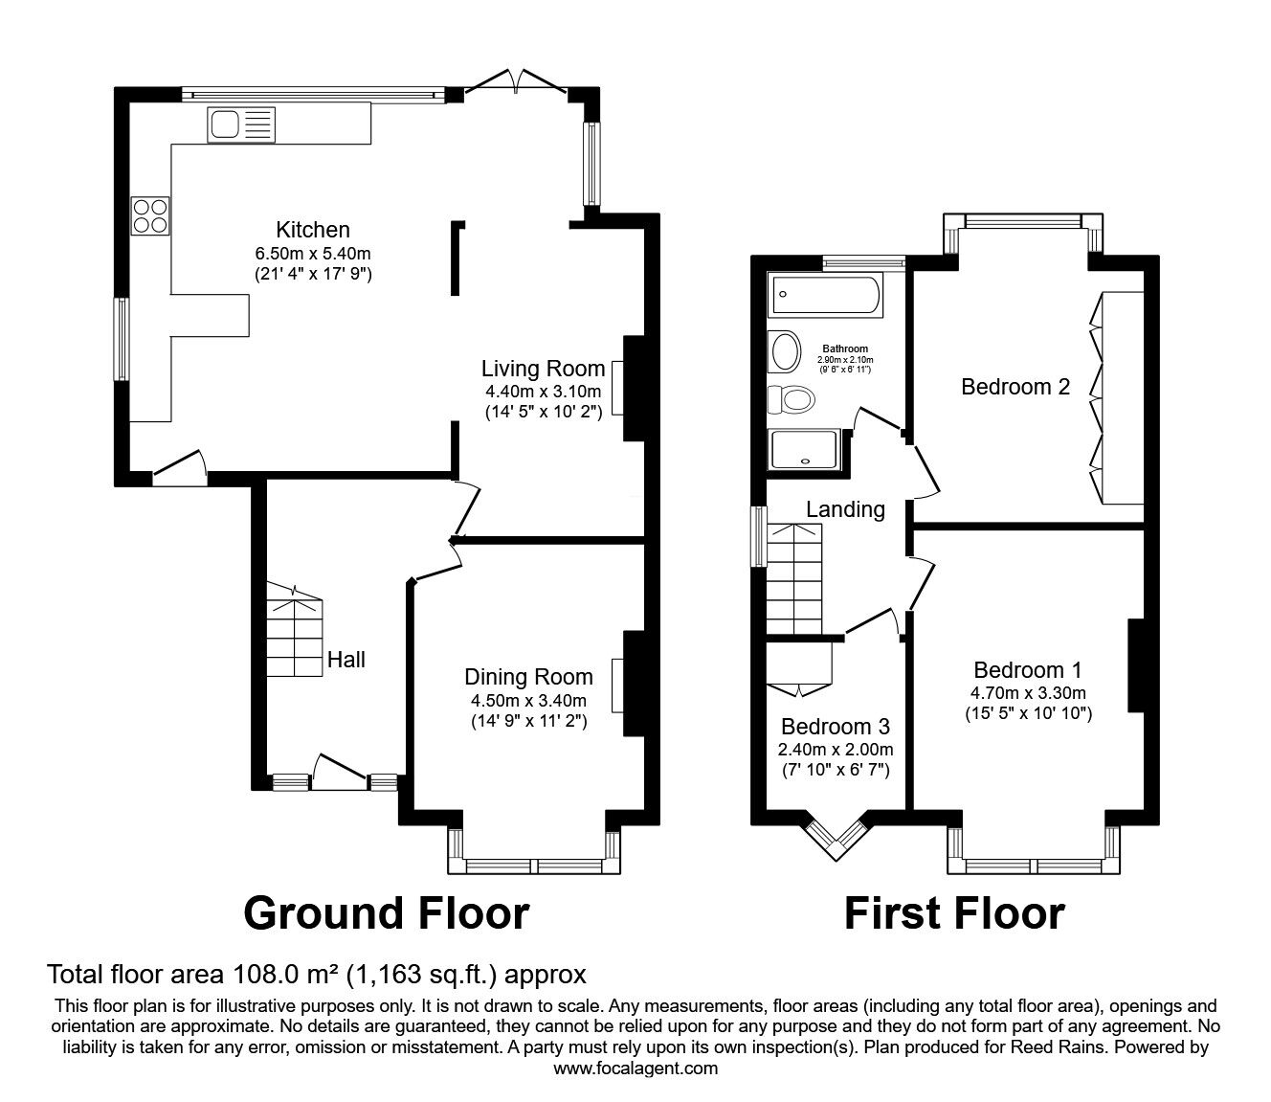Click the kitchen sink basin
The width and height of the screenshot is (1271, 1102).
(225, 124)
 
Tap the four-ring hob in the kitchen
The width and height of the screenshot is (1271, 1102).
(150, 215)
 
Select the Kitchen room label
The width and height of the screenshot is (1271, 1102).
(313, 230)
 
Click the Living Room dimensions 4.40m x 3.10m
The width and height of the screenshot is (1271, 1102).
(543, 391)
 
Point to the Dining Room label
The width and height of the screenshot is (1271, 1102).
(529, 677)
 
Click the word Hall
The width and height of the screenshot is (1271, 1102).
(346, 660)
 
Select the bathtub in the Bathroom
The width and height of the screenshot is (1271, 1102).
(825, 295)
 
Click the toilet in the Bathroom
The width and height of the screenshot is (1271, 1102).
(792, 400)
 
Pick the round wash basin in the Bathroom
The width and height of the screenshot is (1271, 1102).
(785, 351)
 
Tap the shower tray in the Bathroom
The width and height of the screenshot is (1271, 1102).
(805, 450)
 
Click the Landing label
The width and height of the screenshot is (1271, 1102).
(845, 509)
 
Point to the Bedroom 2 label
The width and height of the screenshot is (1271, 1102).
(1015, 387)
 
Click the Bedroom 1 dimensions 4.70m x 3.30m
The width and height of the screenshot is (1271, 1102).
(1028, 693)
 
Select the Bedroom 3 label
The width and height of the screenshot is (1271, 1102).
(835, 727)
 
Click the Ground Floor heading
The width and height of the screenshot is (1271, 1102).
(386, 913)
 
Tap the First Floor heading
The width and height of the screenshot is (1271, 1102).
(954, 913)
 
